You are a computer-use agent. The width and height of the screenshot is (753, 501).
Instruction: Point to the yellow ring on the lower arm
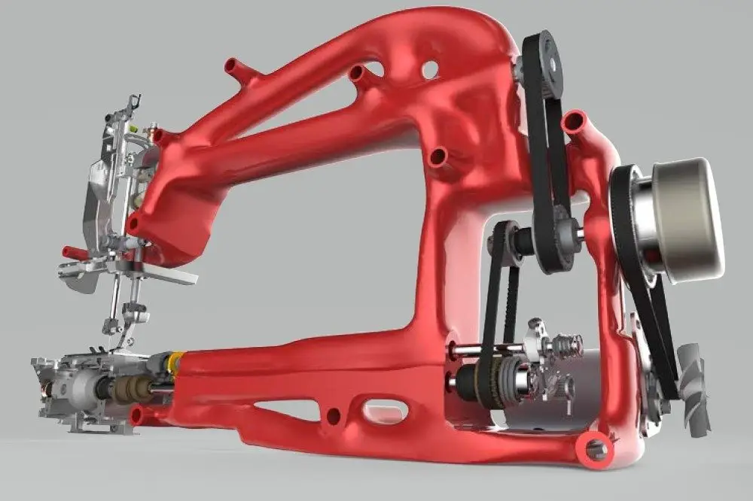[x=174, y=363]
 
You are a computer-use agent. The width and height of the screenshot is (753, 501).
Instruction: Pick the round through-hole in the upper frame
[x=430, y=70]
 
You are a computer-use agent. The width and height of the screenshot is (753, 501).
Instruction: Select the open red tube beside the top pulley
[x=576, y=122]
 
